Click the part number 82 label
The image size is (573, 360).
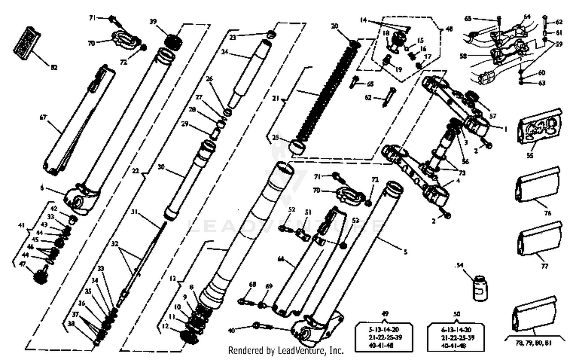(x=54, y=68)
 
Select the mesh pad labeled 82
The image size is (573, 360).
(x=27, y=44)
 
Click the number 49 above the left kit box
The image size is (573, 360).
(x=385, y=314)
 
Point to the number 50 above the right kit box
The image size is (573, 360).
(x=456, y=314)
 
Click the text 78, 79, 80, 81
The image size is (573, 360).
(x=533, y=343)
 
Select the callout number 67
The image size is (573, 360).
(x=43, y=117)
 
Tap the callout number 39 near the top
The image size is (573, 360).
(x=153, y=21)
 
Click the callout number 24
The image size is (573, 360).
(x=225, y=52)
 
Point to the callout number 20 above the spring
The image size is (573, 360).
(x=335, y=26)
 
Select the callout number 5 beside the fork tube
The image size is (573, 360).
(x=405, y=251)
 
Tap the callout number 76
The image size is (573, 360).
(x=547, y=213)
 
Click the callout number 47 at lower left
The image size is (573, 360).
(x=22, y=264)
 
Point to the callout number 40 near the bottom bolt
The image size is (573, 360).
(x=231, y=330)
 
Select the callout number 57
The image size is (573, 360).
(x=493, y=116)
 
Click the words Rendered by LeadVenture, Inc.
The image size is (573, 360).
(x=286, y=350)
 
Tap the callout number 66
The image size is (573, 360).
(x=281, y=259)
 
